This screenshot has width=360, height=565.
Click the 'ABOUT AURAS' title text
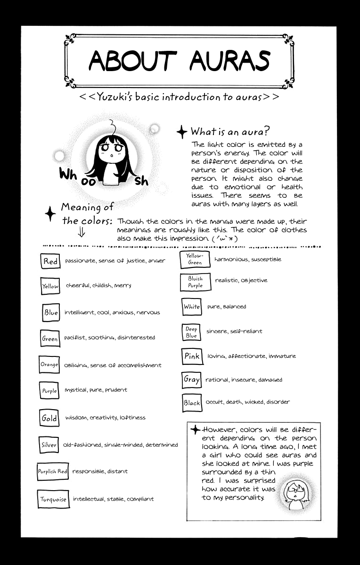(179, 61)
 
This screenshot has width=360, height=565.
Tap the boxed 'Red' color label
(50, 261)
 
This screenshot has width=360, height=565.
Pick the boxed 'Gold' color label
(49, 418)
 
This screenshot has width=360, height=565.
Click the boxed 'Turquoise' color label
(53, 500)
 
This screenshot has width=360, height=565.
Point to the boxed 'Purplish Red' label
(53, 471)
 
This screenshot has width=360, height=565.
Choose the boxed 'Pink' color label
(192, 356)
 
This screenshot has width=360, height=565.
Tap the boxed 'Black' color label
(192, 403)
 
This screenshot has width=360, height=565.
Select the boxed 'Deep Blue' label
(191, 332)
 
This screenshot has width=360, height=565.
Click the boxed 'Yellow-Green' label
(195, 259)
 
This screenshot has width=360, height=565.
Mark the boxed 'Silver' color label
(49, 445)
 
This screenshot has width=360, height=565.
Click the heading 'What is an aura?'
(230, 131)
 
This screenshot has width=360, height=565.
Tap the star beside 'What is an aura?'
(182, 132)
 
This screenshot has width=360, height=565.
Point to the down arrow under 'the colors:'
(81, 232)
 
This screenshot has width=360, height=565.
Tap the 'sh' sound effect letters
(141, 181)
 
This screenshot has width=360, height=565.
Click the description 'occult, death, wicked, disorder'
(247, 402)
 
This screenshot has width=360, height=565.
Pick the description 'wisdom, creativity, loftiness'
(105, 418)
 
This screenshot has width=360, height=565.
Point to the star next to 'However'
(195, 429)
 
